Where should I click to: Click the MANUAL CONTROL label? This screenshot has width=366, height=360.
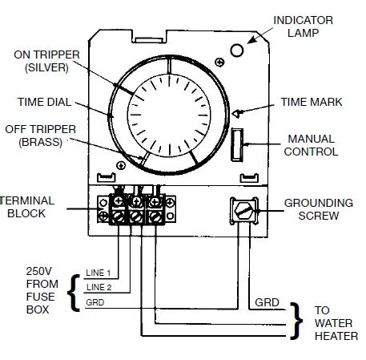[x=312, y=145]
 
